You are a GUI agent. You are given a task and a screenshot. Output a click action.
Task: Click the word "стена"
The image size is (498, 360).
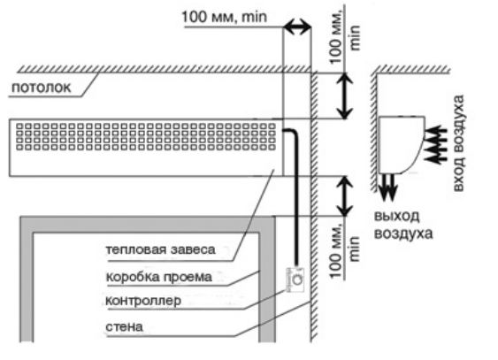click(123, 327)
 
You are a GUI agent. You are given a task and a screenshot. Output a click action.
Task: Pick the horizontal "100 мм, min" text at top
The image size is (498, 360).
click(225, 17)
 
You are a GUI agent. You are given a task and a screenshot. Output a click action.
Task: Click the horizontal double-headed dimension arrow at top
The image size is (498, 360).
click(298, 27)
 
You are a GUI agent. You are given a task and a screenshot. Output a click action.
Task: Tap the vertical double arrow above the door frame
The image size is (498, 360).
click(346, 195)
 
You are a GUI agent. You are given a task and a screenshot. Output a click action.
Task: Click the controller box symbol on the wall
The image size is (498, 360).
click(296, 279)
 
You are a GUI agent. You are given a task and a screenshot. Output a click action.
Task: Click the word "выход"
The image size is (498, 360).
click(395, 217)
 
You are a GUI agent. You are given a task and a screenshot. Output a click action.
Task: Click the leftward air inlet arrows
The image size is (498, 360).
click(433, 142)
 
